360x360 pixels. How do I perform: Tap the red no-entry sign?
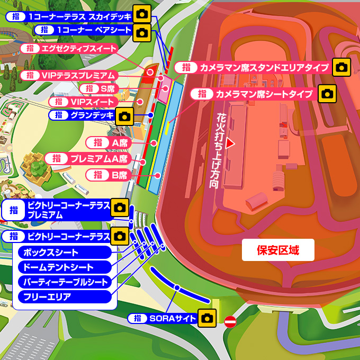click(x=230, y=321)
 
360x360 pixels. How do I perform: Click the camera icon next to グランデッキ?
click(x=124, y=115)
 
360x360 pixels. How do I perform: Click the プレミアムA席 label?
click(x=87, y=158)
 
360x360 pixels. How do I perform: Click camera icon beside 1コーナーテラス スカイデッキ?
click(x=141, y=14)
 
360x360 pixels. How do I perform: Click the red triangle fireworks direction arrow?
click(x=230, y=142)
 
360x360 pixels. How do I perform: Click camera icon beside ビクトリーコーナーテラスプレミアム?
click(x=120, y=207)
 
